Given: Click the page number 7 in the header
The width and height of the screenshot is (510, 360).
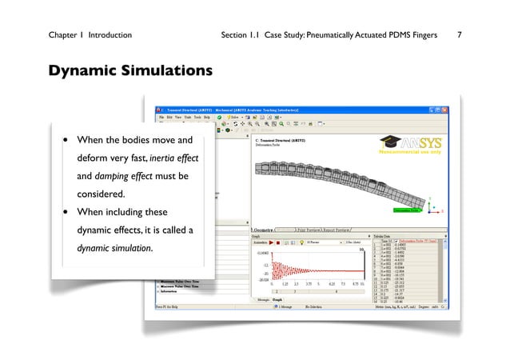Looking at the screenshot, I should click(x=459, y=36).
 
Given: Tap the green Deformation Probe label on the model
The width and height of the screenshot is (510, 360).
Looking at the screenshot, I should click(x=408, y=210).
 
